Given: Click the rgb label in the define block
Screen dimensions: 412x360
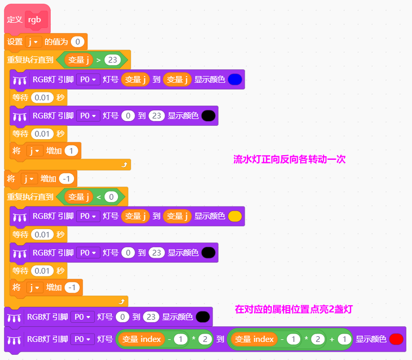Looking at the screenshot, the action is [x=35, y=20].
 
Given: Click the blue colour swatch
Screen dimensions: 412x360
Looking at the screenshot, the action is [x=235, y=79].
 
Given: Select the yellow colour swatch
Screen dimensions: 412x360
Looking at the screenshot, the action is [x=235, y=216].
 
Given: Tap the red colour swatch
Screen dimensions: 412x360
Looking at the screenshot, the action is [x=396, y=339].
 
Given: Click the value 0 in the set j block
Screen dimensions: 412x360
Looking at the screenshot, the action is [x=78, y=42].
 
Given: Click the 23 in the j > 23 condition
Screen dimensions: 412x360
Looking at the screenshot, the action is [x=112, y=60].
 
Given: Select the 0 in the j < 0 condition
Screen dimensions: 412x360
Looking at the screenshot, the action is [x=111, y=197].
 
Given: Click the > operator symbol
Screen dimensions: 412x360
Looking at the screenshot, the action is [x=98, y=60].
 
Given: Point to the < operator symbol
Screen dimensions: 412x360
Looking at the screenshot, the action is [x=98, y=197].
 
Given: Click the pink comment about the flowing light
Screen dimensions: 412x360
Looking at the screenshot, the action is [x=289, y=159].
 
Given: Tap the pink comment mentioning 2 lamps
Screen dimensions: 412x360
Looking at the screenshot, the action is [x=294, y=309].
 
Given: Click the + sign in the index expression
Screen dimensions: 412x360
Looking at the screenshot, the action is [x=332, y=339].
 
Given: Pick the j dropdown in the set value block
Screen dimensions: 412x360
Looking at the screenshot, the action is [x=33, y=42].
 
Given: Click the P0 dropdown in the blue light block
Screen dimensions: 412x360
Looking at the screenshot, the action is [x=88, y=79].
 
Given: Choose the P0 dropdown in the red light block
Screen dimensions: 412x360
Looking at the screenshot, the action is [x=82, y=339].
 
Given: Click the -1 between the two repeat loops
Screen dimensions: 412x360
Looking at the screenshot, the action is [x=66, y=179].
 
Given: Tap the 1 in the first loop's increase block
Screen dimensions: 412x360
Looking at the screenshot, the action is [x=71, y=151].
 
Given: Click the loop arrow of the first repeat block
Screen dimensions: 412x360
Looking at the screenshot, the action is [x=124, y=164].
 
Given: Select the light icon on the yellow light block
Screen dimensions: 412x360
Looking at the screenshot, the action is [x=20, y=217].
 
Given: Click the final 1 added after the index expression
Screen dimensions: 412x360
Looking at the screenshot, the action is [x=344, y=339].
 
